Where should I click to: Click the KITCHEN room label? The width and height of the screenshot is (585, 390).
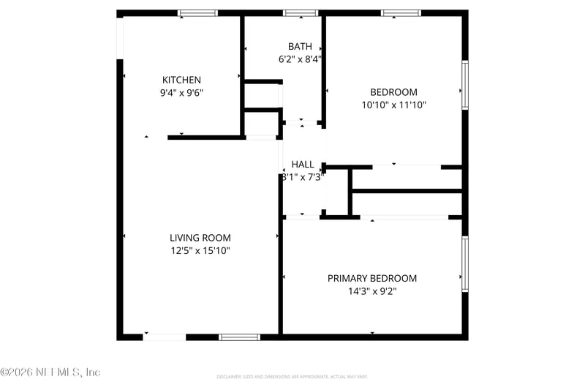coord(181,80)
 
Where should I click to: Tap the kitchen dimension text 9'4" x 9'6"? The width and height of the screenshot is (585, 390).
coord(181,93)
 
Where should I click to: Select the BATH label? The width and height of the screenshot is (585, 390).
coord(300,46)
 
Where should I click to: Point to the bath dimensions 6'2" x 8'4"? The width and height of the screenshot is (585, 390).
coord(300,59)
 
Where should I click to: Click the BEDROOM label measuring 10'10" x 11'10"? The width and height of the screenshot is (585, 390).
coord(393,92)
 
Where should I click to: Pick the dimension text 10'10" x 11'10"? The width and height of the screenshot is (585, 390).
coord(393,105)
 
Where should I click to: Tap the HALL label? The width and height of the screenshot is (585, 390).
coord(303,164)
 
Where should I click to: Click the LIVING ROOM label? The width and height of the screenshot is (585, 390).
coord(200,238)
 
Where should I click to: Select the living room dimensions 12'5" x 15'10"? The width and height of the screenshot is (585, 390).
coord(200,251)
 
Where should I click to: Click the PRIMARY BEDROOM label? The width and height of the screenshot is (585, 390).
coord(371,278)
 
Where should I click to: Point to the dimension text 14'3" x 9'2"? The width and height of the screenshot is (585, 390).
coord(371,291)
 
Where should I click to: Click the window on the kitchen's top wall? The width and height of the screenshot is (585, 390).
coord(198,13)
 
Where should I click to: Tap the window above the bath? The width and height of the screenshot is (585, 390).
coord(300,13)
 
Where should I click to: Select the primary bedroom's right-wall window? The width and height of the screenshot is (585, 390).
coord(464,264)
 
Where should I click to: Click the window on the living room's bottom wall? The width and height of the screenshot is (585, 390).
coord(240,337)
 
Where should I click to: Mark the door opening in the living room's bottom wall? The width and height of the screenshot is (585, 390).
coord(165,337)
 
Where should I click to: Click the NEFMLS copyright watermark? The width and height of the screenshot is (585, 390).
coord(50,372)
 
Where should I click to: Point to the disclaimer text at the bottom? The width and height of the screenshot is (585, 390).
coord(292,377)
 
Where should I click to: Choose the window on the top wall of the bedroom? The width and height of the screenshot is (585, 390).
coord(401,13)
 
